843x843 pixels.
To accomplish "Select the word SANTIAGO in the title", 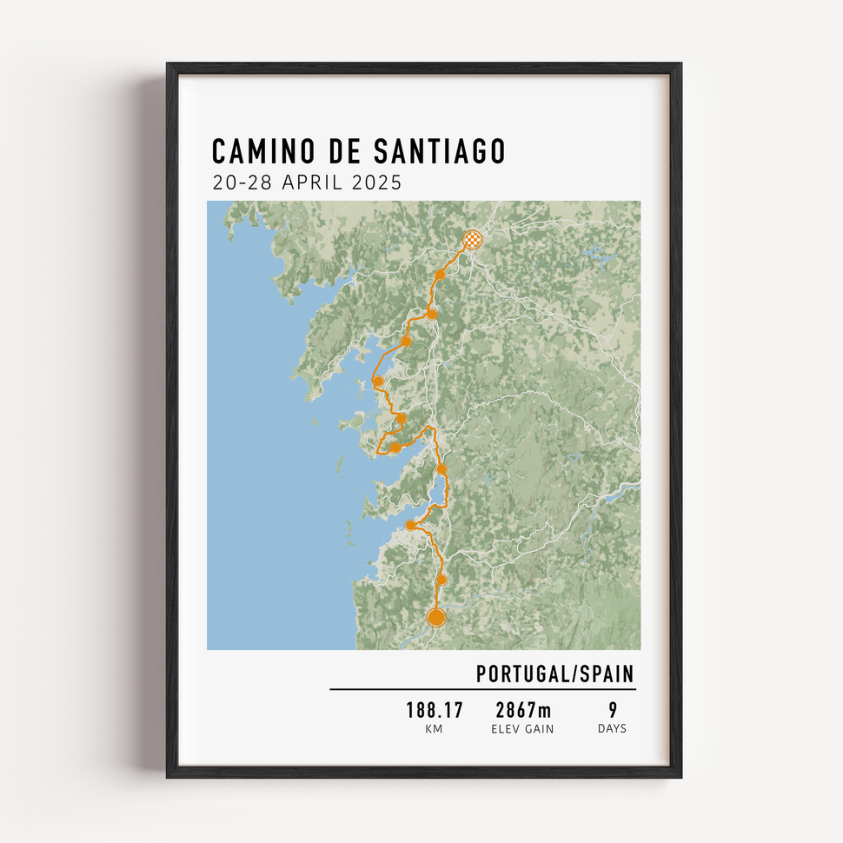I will click(x=439, y=151).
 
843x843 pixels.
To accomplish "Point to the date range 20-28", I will click(x=239, y=183).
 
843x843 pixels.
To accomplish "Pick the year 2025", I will click(x=377, y=183).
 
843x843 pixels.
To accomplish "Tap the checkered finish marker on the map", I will click(x=471, y=239).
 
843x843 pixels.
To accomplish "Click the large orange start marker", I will click(x=436, y=617).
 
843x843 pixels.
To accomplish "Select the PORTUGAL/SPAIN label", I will click(x=554, y=674).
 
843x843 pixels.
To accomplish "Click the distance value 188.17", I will click(x=435, y=710).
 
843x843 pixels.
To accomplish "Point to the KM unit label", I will click(x=435, y=729).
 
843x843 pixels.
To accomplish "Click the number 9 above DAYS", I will click(x=613, y=710).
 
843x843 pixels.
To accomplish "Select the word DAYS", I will click(x=613, y=729).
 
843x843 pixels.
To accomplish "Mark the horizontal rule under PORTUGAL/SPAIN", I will click(x=482, y=690).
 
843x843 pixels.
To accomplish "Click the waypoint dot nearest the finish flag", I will click(x=441, y=275).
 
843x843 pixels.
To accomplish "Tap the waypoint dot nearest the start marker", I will click(x=441, y=579).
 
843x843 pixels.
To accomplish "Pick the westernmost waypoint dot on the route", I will click(x=378, y=381).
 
